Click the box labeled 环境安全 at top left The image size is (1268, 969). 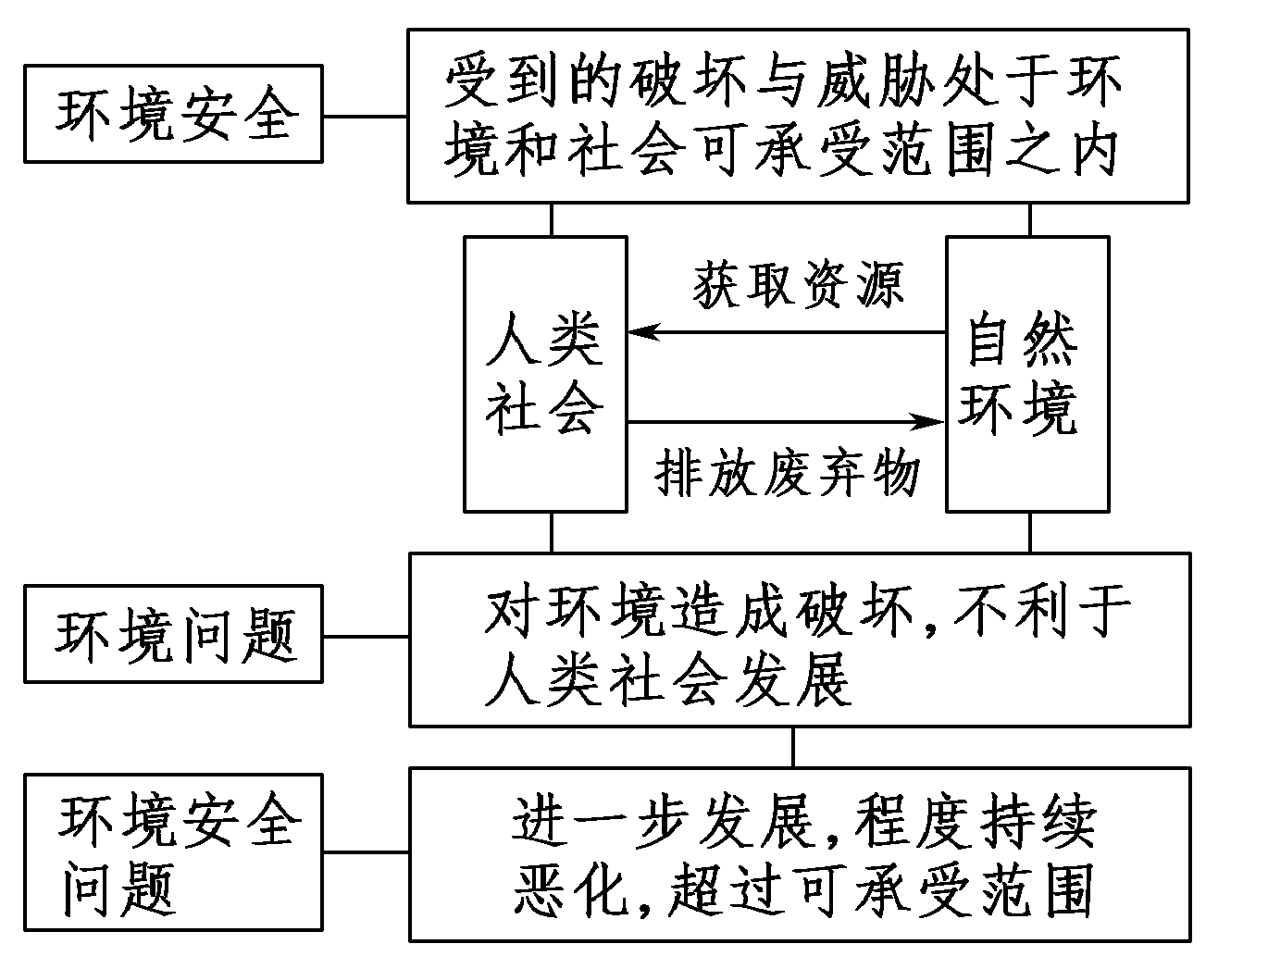point(173,114)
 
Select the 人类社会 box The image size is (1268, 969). point(545,374)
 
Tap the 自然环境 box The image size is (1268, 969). point(1026,374)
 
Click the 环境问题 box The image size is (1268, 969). point(173,634)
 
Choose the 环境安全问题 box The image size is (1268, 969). point(173,852)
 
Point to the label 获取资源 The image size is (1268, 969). point(798,285)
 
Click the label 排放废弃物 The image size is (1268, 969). point(787,474)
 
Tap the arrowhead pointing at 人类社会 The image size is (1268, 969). point(640,332)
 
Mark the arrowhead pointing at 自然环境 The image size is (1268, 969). point(930,422)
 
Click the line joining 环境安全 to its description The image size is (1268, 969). point(365,116)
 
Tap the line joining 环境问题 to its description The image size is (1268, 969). point(366,636)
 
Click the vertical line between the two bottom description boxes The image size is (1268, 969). point(793,747)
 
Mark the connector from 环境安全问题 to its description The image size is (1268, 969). point(366,852)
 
